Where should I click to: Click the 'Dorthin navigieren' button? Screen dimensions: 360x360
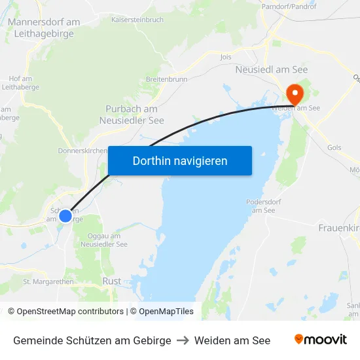tap(180, 160)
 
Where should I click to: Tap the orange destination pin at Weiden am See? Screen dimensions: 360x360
tap(294, 94)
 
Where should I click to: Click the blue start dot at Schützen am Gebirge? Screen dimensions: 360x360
tap(65, 215)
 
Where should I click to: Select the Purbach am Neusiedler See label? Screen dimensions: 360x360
tap(132, 115)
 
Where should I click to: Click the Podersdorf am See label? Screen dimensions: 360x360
tap(264, 206)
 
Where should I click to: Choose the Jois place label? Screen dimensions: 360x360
tap(226, 57)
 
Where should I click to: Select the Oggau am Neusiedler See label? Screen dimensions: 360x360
tap(103, 240)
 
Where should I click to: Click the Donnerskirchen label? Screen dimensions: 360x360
tap(83, 150)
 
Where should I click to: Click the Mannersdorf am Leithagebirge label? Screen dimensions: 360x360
tap(44, 28)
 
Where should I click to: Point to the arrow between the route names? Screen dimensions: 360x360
tap(183, 340)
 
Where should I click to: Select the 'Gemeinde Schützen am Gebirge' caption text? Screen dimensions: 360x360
tap(92, 340)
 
